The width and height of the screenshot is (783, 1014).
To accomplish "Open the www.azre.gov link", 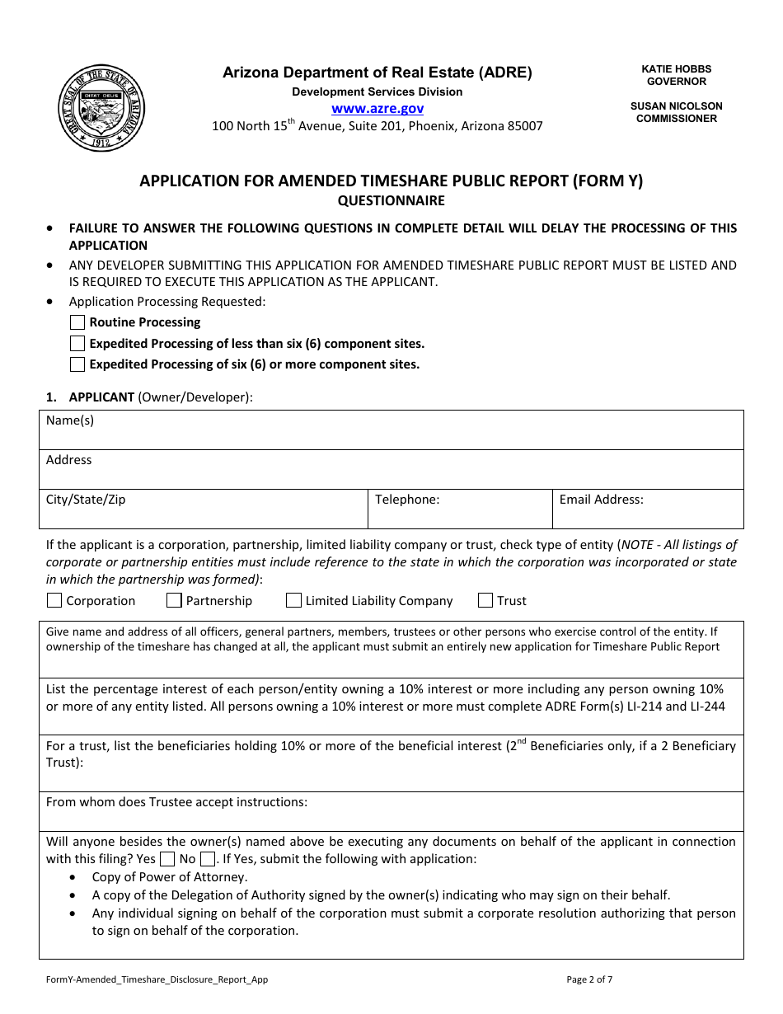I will (377, 108).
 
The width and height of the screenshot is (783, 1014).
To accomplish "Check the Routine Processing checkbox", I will (77, 322).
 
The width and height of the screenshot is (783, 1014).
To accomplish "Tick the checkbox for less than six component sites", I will (77, 343).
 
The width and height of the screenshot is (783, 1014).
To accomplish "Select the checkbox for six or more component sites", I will (77, 364).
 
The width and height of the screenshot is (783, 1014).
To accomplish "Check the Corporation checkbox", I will (54, 600).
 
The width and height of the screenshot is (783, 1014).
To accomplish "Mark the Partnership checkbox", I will (174, 600).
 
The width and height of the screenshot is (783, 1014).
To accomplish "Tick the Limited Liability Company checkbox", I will (293, 600).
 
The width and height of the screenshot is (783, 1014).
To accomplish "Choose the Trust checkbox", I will (485, 600).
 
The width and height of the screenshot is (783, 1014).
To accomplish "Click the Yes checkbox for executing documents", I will (167, 859).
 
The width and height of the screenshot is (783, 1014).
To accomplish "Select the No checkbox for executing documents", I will (208, 859).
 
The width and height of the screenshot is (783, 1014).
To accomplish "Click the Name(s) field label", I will (70, 420).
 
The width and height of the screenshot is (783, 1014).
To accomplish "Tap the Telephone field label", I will (407, 500).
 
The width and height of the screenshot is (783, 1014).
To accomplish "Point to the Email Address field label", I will (601, 500).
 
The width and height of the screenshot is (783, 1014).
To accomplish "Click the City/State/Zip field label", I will (86, 500).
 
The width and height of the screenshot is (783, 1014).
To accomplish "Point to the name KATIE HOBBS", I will (676, 69).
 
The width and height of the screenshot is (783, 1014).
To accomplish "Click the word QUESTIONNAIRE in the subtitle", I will (391, 200).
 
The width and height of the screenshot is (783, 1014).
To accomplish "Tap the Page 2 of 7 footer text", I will (589, 979).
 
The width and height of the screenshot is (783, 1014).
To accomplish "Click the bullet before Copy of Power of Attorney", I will (75, 877).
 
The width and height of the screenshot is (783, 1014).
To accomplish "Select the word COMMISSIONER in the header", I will (676, 118).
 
